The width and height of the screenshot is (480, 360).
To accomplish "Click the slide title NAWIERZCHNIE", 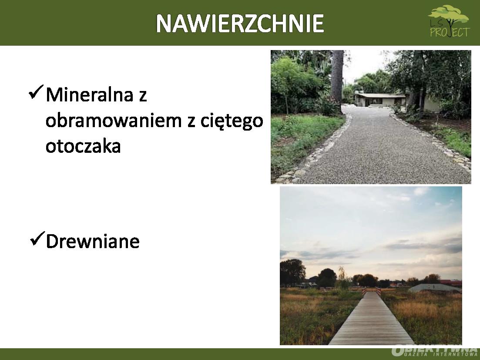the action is tap(240, 23).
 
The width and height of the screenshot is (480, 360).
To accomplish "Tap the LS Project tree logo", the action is tap(449, 21).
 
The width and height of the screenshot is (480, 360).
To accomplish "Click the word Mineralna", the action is tap(90, 94).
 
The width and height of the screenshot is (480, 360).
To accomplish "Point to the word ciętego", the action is tap(232, 122).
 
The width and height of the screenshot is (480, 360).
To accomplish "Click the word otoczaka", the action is tap(83, 146).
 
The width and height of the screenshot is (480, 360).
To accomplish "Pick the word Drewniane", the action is tap(93, 241).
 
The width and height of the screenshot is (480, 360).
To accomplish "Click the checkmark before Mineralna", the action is tap(36, 92).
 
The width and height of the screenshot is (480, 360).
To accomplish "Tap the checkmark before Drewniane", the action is tap(38, 239).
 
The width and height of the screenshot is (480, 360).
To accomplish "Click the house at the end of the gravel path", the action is tap(380, 100).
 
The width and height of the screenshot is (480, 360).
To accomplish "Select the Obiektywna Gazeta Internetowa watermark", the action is tap(435, 351).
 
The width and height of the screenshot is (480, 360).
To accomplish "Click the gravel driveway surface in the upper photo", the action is tap(379, 150).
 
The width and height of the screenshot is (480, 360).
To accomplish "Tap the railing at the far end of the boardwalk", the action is tap(371, 291).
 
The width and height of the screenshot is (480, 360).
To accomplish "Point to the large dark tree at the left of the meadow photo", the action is tap(292, 273).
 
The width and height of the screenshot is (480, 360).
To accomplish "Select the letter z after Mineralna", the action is tap(143, 97).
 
